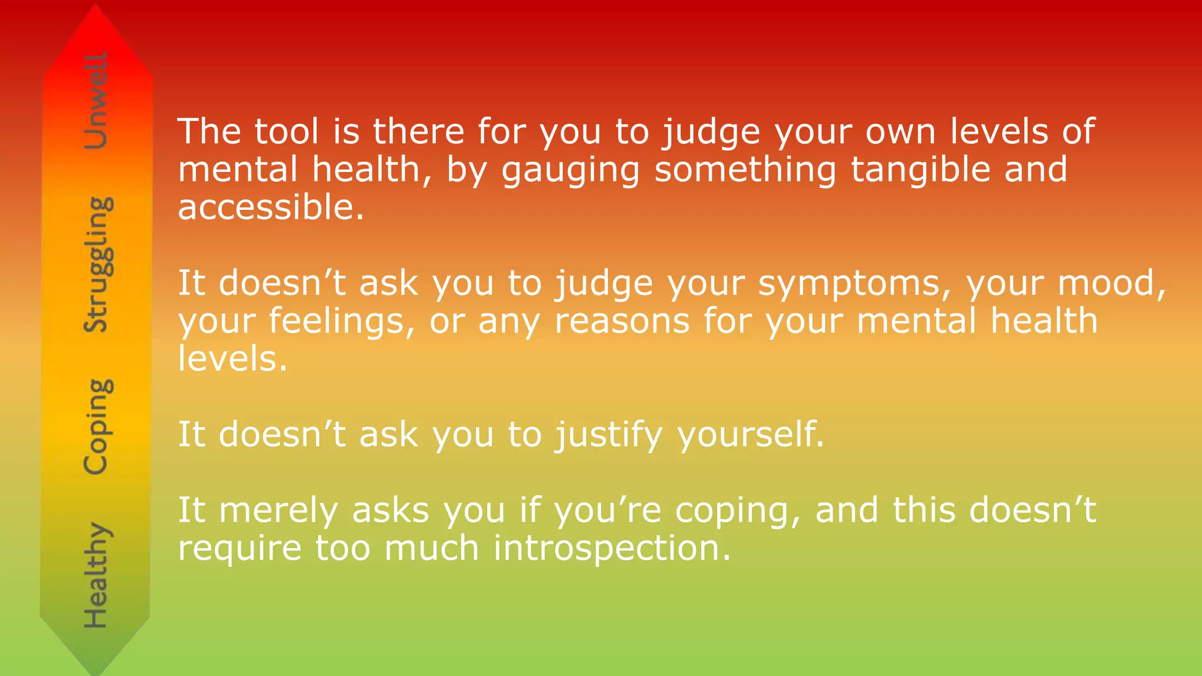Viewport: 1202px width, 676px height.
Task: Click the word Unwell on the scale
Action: click(96, 100)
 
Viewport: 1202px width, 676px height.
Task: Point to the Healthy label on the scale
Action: click(96, 575)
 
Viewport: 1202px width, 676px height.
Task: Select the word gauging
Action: click(570, 171)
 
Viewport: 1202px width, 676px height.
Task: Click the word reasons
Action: click(622, 322)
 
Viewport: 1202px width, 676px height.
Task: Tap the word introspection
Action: click(612, 549)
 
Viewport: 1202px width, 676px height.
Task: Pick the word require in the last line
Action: click(240, 549)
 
